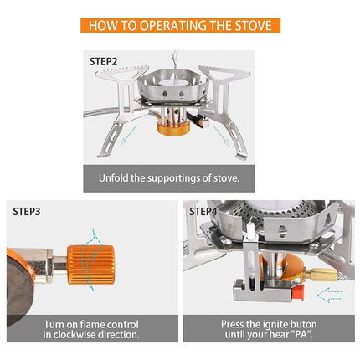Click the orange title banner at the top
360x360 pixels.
coord(180,25)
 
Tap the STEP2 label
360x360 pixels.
coord(105,61)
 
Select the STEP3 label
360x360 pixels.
coord(26,211)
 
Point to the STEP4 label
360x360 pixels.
coord(203,211)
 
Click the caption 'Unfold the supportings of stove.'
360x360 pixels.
coord(180,177)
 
